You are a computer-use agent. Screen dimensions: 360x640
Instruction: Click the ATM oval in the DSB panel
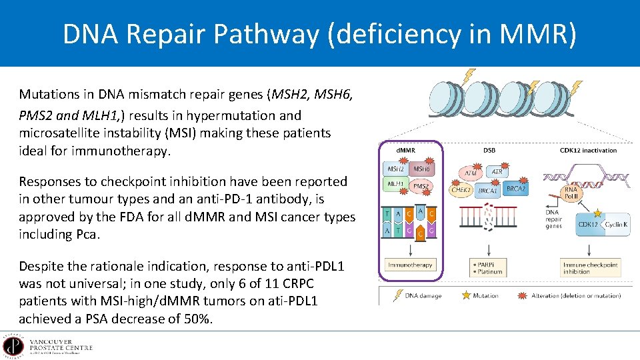point(471,174)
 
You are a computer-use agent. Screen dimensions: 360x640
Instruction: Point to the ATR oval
point(497,171)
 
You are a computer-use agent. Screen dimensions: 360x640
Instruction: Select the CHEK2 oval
point(462,189)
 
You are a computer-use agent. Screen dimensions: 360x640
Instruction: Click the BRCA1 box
point(488,191)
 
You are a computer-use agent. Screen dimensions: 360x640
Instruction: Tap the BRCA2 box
point(516,189)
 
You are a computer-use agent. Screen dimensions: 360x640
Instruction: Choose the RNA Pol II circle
point(571,193)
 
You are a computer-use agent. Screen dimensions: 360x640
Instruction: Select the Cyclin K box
point(615,225)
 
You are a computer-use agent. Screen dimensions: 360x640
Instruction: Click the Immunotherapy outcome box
point(409,265)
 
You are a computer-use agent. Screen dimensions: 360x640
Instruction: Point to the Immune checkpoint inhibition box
point(590,268)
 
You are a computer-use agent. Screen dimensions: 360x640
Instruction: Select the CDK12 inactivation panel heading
point(588,150)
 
